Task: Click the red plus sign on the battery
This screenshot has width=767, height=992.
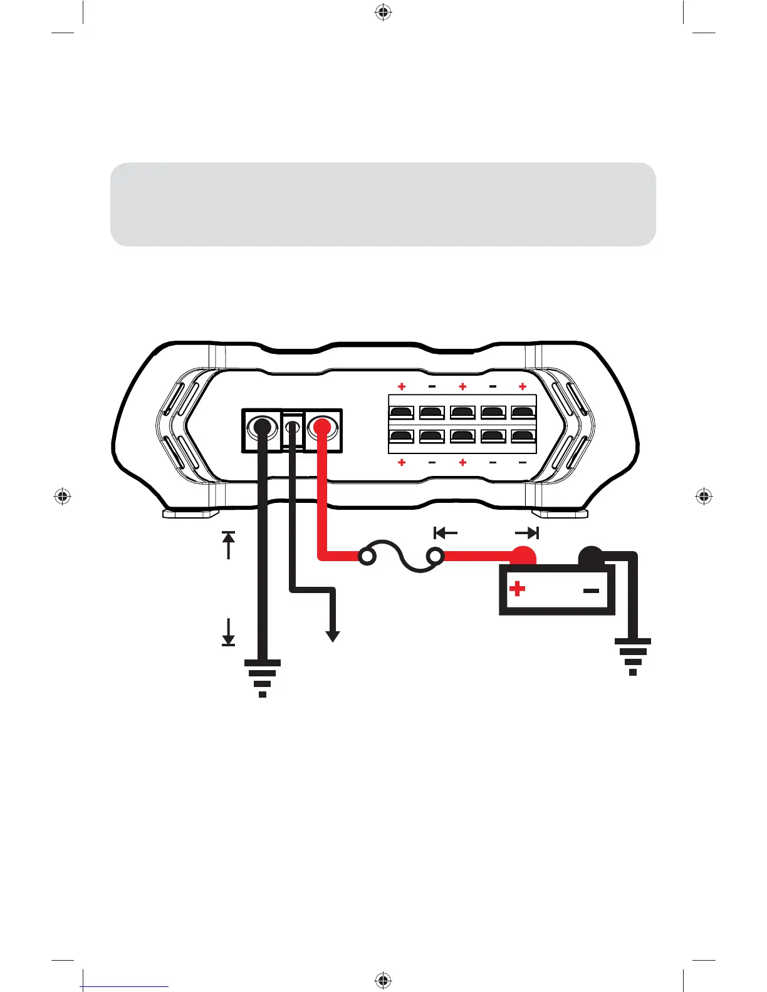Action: (x=517, y=589)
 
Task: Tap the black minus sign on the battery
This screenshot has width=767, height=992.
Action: (x=591, y=590)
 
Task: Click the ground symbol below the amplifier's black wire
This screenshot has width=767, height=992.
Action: (x=263, y=677)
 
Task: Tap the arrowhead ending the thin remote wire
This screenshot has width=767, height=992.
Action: (x=333, y=636)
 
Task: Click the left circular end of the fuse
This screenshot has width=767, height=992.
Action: (x=368, y=555)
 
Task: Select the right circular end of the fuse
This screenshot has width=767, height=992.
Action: (x=435, y=555)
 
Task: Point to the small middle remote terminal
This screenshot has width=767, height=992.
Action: (x=292, y=428)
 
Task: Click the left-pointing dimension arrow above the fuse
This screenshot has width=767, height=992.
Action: (x=446, y=533)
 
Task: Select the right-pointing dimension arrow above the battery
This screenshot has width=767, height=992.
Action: (x=527, y=533)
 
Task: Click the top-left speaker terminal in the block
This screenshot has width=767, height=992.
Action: (x=402, y=413)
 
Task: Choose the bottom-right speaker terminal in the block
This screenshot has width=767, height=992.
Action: (x=523, y=436)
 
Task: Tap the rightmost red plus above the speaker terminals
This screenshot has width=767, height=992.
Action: (x=523, y=387)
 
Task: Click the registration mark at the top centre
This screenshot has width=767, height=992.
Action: (x=383, y=12)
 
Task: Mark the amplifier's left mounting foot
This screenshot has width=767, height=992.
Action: (x=190, y=514)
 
